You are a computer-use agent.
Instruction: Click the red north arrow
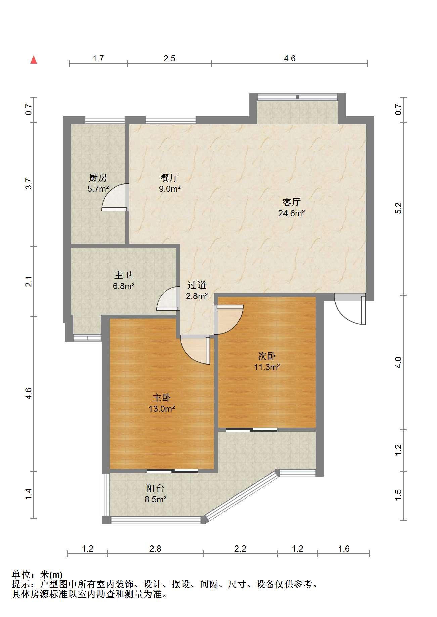(34, 60)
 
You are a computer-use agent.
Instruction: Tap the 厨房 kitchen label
(98, 178)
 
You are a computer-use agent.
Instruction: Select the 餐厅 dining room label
(170, 178)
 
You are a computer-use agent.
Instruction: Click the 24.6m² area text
(292, 213)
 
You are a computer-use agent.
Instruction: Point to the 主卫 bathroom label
(124, 275)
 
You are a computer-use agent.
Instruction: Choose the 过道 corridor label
(196, 285)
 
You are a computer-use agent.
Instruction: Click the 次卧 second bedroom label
(267, 356)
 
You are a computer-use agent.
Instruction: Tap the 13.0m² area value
(162, 409)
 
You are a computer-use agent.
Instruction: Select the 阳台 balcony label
(155, 488)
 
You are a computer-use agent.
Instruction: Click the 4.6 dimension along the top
(290, 59)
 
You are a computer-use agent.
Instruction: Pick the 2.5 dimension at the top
(169, 59)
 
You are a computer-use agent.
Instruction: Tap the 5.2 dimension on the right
(398, 208)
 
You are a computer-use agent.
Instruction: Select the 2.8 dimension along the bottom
(155, 549)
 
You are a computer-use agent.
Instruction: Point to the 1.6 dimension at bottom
(344, 549)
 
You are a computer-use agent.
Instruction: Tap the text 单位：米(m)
(37, 575)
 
